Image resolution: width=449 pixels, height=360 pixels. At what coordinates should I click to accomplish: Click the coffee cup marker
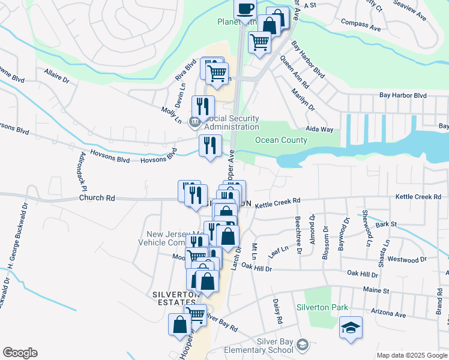(x=245, y=9)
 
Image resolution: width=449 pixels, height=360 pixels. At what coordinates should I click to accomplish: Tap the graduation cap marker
(x=351, y=328)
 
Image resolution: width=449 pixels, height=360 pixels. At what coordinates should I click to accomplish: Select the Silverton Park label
(x=322, y=307)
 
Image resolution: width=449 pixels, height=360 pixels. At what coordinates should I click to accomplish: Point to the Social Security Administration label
(x=232, y=122)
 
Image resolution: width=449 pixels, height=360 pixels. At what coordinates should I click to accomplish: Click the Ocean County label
(x=281, y=140)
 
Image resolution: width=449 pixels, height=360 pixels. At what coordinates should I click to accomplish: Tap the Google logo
(x=20, y=353)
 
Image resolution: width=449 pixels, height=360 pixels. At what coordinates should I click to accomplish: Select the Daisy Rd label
(x=277, y=311)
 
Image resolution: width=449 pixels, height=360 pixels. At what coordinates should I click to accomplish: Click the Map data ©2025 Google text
(x=411, y=355)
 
